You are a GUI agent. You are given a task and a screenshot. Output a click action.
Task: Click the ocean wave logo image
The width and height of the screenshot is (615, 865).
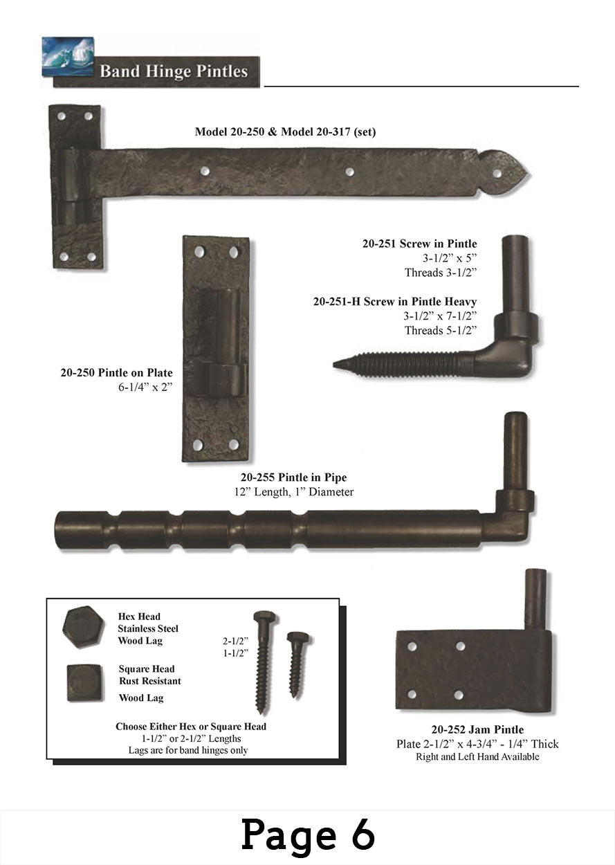[x=68, y=56]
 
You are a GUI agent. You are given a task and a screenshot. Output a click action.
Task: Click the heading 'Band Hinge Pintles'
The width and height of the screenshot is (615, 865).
[x=174, y=71]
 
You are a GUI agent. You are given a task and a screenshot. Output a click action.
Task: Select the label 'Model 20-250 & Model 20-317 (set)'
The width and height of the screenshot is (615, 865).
[x=285, y=131]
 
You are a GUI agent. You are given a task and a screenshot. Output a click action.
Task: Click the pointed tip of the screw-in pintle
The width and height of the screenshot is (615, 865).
[x=334, y=364]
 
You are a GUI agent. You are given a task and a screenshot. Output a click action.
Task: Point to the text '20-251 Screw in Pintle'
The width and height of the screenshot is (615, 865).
[x=419, y=244]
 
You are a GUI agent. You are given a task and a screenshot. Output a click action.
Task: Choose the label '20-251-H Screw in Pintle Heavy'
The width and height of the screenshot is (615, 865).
[x=395, y=301]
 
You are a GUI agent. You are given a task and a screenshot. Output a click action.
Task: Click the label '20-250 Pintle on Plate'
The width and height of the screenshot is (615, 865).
[x=116, y=373]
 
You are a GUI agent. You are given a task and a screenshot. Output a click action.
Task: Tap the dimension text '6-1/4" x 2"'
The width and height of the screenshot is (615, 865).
[x=145, y=387]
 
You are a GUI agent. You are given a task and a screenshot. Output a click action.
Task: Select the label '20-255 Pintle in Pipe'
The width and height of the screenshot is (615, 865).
[x=294, y=477]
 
